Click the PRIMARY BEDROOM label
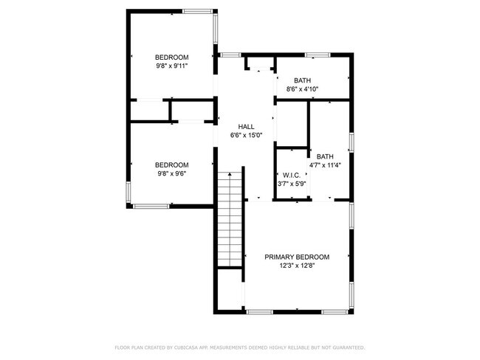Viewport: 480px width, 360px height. point(297,257)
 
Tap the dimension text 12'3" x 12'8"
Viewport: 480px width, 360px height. point(297,266)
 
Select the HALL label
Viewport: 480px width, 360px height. point(246,127)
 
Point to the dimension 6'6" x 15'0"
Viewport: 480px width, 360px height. point(246,136)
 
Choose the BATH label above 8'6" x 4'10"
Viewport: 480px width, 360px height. point(302,80)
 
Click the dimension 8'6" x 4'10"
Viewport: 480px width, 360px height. point(302,89)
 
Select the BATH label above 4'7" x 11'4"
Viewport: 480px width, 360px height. point(325,156)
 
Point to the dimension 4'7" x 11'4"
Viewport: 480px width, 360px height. point(325,165)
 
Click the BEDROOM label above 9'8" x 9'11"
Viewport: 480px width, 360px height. point(171,58)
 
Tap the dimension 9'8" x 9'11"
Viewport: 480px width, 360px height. point(171,66)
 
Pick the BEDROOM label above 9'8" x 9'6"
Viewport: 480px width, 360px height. point(171,165)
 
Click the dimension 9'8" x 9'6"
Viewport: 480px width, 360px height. point(171,173)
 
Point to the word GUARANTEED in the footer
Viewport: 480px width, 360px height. point(348,347)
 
